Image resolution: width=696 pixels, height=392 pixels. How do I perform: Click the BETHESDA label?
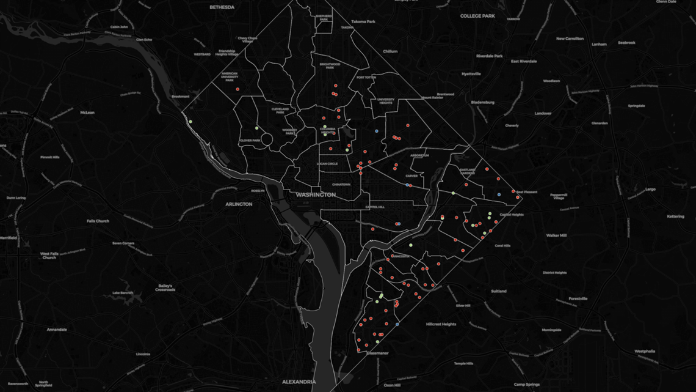222,7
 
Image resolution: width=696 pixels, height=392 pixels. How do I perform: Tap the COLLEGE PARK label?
477,16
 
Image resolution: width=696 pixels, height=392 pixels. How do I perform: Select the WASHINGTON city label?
315,194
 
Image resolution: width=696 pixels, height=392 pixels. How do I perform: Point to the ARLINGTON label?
239,204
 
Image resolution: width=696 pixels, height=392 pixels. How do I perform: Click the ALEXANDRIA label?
299,382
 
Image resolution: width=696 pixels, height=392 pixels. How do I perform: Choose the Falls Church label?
98,221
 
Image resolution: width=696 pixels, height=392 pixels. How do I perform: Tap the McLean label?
87,113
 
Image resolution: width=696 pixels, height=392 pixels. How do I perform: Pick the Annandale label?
57,329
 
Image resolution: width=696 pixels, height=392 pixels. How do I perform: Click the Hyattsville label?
471,73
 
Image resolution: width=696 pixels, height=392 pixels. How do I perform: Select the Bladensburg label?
483,102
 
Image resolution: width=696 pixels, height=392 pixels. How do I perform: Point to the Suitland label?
498,291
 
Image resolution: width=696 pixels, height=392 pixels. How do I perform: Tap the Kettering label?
676,216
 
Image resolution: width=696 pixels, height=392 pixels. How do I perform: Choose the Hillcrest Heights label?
441,324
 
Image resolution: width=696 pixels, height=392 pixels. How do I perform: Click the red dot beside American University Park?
237,89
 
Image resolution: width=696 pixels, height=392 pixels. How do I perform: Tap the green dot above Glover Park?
256,128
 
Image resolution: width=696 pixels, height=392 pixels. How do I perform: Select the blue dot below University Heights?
377,131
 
